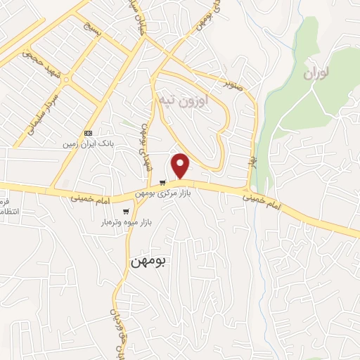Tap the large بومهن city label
(x=149, y=262)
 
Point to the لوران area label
(x=319, y=73)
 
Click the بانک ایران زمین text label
(x=107, y=143)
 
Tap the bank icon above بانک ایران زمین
(x=89, y=133)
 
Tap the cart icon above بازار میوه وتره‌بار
(x=126, y=211)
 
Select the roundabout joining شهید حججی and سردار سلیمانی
(x=66, y=80)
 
